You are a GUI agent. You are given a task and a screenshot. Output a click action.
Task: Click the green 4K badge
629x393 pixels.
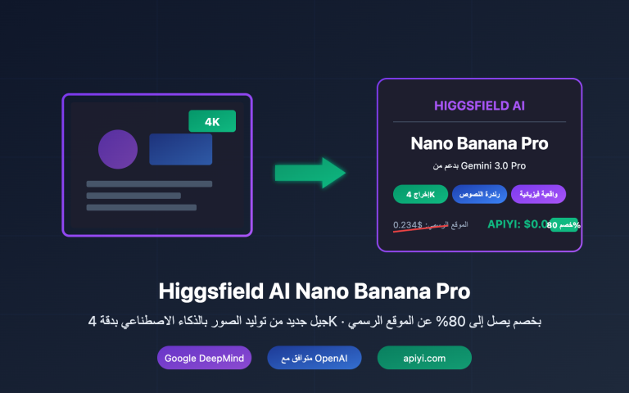point(212,121)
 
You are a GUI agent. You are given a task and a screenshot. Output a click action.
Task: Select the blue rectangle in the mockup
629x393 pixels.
point(180,149)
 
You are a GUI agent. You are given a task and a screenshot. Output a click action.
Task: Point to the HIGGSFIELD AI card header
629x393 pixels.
point(479,106)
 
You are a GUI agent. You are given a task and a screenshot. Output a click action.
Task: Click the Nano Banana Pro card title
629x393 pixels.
point(479,144)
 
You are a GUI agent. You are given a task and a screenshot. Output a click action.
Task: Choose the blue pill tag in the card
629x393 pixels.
point(479,194)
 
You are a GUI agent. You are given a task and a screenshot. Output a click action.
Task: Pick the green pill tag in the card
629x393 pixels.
point(420,194)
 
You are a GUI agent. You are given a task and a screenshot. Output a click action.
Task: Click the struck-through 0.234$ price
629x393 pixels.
point(408,224)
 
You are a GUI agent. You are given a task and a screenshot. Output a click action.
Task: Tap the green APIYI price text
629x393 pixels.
point(516,224)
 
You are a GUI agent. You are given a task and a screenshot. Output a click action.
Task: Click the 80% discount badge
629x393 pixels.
point(563,224)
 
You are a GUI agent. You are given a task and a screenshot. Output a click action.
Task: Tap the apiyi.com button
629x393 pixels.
point(424,358)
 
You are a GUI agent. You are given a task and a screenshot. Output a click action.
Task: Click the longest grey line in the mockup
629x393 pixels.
point(149,183)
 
